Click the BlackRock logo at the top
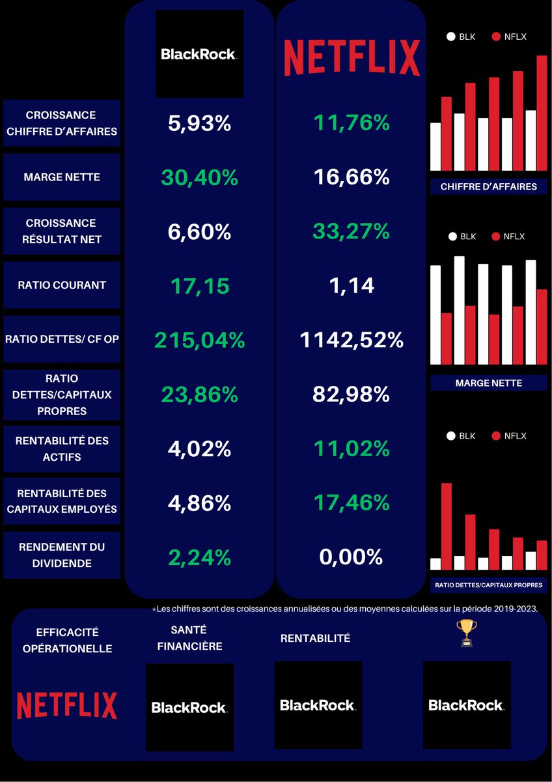[199, 54]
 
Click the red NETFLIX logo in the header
[352, 57]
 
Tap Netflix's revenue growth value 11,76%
[352, 123]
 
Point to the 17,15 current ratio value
[199, 285]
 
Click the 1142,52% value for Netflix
[352, 340]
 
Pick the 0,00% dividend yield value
[352, 557]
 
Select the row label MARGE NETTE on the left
[62, 177]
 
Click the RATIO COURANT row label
[62, 285]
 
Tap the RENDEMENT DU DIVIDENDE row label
[62, 555]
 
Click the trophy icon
[466, 633]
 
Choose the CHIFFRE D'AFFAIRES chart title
[488, 186]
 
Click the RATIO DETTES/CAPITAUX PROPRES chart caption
[488, 585]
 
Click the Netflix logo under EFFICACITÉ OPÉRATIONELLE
[67, 706]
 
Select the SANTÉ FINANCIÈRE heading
[189, 638]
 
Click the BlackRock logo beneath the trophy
[466, 705]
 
